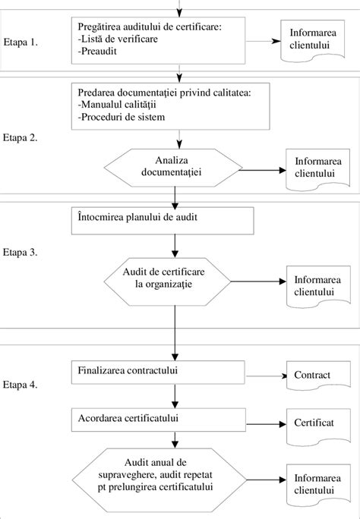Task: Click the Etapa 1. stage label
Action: tap(21, 42)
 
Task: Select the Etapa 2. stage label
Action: tap(21, 138)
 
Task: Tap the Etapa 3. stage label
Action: tap(21, 251)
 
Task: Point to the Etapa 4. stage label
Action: tap(21, 385)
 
